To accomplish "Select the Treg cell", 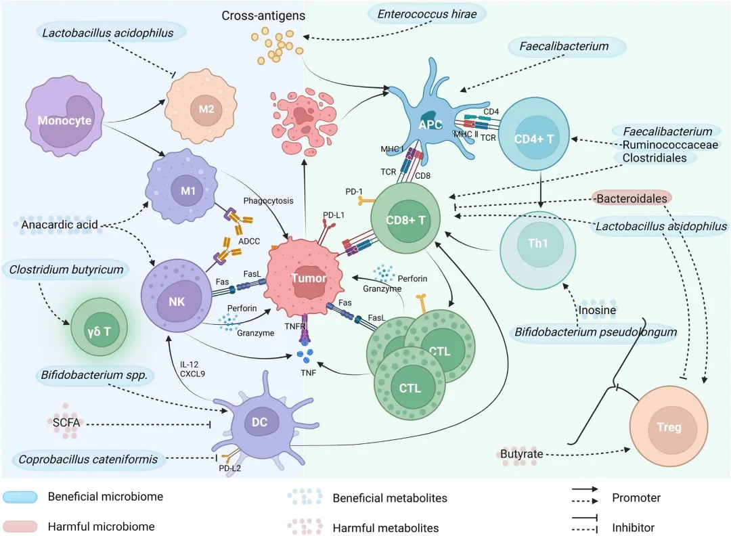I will tap(669, 427).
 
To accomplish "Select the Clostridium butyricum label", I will tap(66, 270).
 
